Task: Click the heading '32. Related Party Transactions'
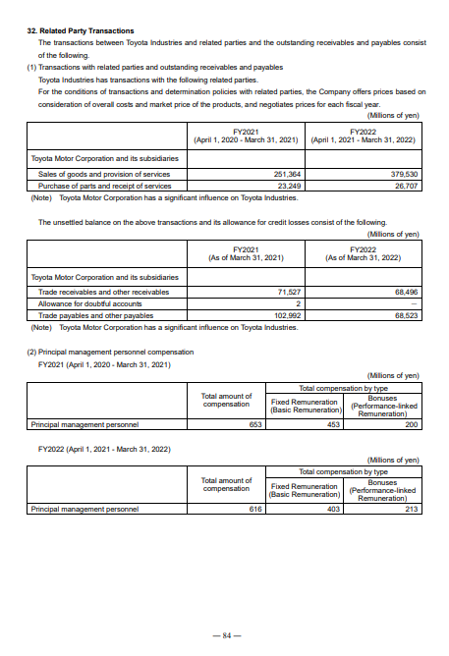(81, 31)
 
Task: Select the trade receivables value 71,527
(288, 292)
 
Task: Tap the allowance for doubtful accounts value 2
(297, 302)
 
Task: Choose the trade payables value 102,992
(286, 314)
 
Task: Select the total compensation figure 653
(256, 425)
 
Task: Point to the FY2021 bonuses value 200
(411, 425)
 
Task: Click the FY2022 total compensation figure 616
(256, 510)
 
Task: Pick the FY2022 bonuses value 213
(411, 510)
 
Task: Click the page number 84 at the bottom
(225, 635)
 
